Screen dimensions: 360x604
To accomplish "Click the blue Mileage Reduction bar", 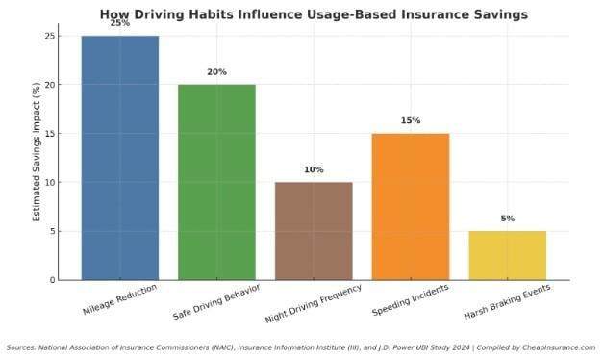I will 119,158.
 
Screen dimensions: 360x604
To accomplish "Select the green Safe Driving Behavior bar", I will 216,182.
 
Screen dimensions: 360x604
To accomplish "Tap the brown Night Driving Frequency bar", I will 314,231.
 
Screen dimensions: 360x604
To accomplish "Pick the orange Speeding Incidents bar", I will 411,206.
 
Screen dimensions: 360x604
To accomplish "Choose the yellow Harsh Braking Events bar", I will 508,255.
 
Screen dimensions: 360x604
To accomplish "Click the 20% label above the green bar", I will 216,72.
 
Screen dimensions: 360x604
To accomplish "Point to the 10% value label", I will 314,169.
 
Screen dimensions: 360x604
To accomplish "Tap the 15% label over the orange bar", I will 411,120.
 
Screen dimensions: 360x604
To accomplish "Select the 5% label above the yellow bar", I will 508,219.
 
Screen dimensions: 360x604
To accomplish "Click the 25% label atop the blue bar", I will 119,23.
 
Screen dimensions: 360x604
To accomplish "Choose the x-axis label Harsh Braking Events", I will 508,302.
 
